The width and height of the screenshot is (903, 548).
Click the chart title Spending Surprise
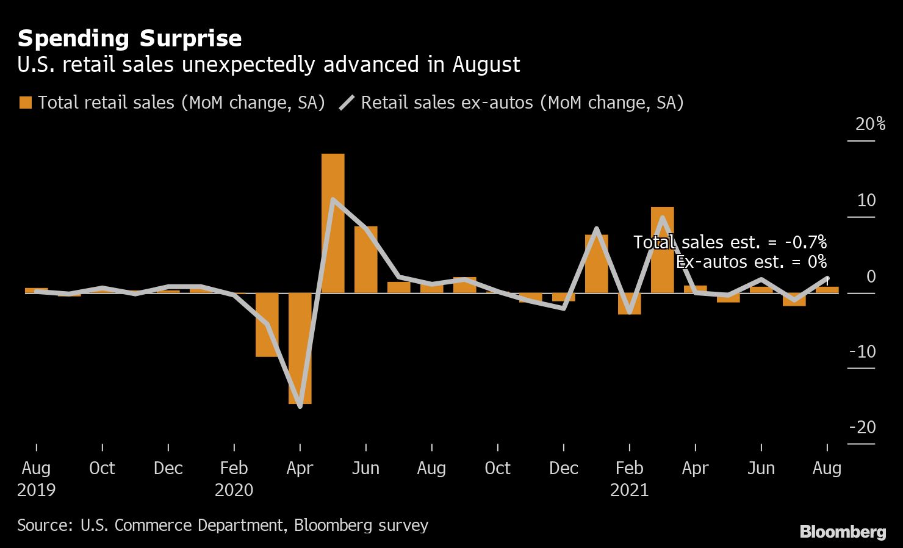pos(129,38)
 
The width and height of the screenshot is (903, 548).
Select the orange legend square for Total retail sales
pos(26,103)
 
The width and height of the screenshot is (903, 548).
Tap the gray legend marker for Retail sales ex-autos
pos(347,103)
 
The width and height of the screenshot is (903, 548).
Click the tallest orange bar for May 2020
pos(333,223)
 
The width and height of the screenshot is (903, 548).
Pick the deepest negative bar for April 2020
pos(300,348)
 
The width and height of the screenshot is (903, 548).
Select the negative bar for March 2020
pos(267,325)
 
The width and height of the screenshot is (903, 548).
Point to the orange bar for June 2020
pos(365,259)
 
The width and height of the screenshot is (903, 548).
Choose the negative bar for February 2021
pos(629,304)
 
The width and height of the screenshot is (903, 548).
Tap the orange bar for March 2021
pos(662,250)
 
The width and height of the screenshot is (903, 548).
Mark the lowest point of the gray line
pos(300,406)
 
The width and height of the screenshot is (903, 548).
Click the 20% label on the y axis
pos(869,124)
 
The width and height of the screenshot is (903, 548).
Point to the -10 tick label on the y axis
pos(862,352)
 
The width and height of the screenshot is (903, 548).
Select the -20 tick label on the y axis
pos(862,427)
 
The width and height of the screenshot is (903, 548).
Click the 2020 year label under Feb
pos(234,490)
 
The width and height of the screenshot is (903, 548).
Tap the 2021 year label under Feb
pos(629,490)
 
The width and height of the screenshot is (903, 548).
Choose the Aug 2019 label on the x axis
pos(36,469)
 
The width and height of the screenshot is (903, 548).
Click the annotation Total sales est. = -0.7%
pos(730,242)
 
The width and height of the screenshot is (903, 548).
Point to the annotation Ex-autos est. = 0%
pos(751,262)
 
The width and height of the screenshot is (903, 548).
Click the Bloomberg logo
pos(843,532)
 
